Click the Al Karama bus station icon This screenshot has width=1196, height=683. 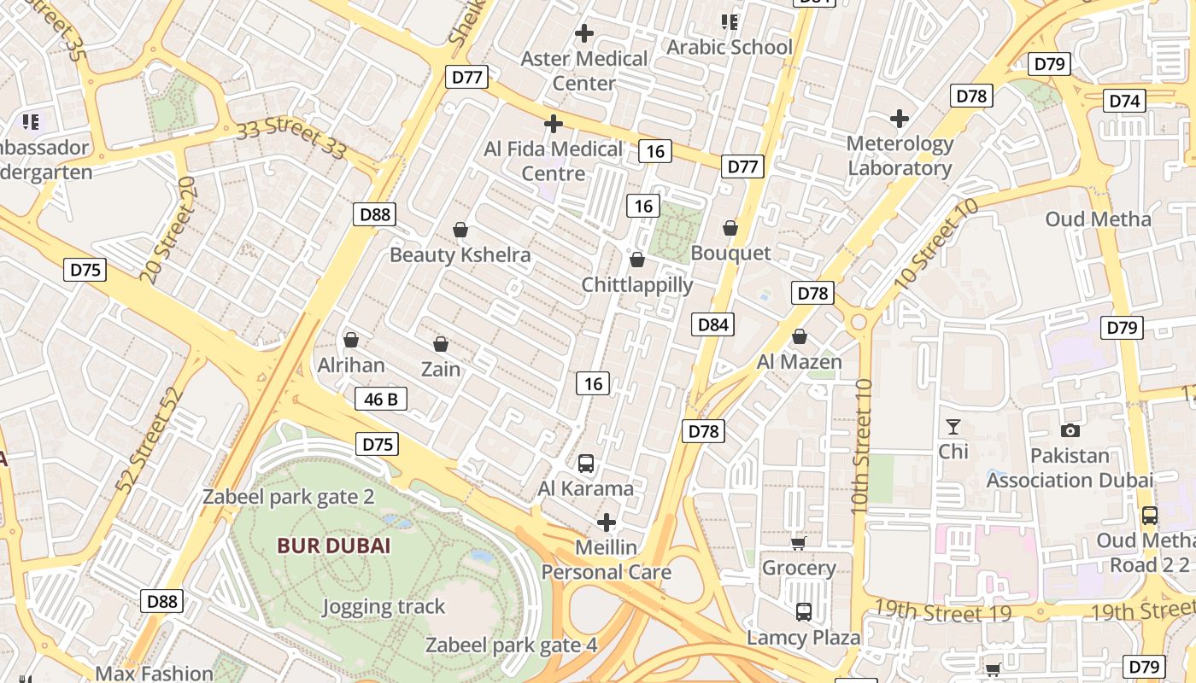click(x=586, y=464)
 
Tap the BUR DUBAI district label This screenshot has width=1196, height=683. click(x=333, y=546)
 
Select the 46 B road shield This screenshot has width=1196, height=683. click(x=381, y=399)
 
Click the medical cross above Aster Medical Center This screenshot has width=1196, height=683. click(x=584, y=34)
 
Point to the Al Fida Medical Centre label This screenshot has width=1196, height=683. click(x=554, y=161)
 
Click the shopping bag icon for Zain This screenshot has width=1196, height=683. click(x=441, y=344)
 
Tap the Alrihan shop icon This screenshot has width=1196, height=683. click(x=350, y=340)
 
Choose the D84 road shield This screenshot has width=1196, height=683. click(x=712, y=324)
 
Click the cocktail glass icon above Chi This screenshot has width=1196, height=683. click(x=953, y=426)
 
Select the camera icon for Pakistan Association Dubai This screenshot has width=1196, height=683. click(x=1070, y=431)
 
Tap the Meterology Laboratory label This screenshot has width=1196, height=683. click(x=900, y=155)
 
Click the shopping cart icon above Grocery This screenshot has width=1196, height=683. click(x=798, y=543)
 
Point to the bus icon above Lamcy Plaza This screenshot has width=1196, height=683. click(x=804, y=611)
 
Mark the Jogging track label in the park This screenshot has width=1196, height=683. click(x=384, y=607)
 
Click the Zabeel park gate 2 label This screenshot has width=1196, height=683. click(x=288, y=497)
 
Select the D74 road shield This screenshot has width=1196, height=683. click(x=1125, y=101)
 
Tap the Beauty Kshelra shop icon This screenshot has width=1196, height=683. click(x=460, y=230)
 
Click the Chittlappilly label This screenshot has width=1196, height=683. click(x=637, y=284)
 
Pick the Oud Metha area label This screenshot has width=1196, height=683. click(x=1099, y=219)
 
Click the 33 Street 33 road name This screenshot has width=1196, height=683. click(x=291, y=140)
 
